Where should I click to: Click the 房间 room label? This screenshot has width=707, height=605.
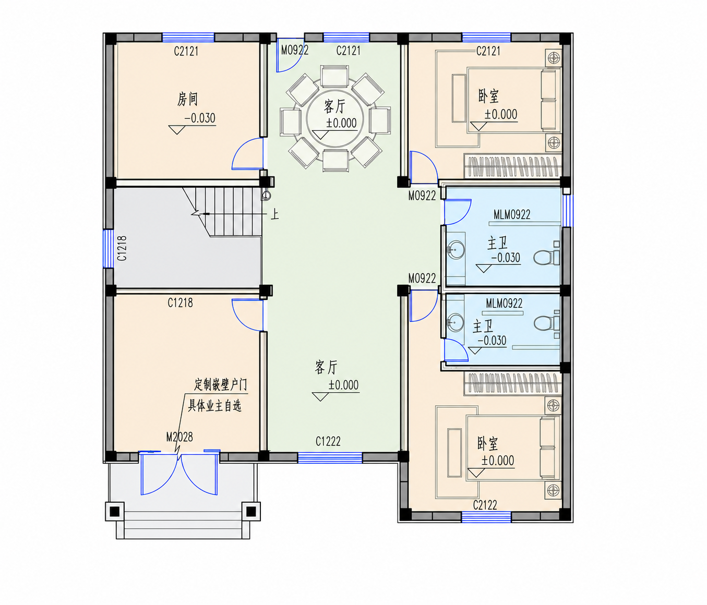pos(187,99)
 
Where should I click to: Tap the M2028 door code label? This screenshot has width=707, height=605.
pos(179,437)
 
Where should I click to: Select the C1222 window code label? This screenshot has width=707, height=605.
pos(328,441)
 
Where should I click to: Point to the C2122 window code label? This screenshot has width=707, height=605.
pos(485,505)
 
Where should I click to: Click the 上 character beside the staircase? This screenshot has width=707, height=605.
pos(274,214)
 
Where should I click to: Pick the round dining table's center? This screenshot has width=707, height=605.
pos(335,118)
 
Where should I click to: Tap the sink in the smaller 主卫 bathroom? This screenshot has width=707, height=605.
pos(456,322)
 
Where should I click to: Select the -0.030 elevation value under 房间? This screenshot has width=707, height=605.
pos(200,118)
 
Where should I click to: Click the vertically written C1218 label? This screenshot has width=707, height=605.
pos(122,248)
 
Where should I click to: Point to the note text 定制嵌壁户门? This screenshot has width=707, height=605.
pos(221,385)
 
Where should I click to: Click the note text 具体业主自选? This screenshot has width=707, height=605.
pos(215,406)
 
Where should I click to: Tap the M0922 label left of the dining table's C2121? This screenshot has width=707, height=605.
pos(295,50)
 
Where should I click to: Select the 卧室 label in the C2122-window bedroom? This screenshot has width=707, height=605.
pos(488,443)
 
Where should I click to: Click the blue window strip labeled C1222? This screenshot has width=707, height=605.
pos(330,457)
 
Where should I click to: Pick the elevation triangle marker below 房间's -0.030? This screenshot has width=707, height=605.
pos(177,130)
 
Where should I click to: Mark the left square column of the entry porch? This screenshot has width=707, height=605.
pos(115,512)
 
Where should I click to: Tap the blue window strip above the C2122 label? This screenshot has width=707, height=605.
pos(486,516)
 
